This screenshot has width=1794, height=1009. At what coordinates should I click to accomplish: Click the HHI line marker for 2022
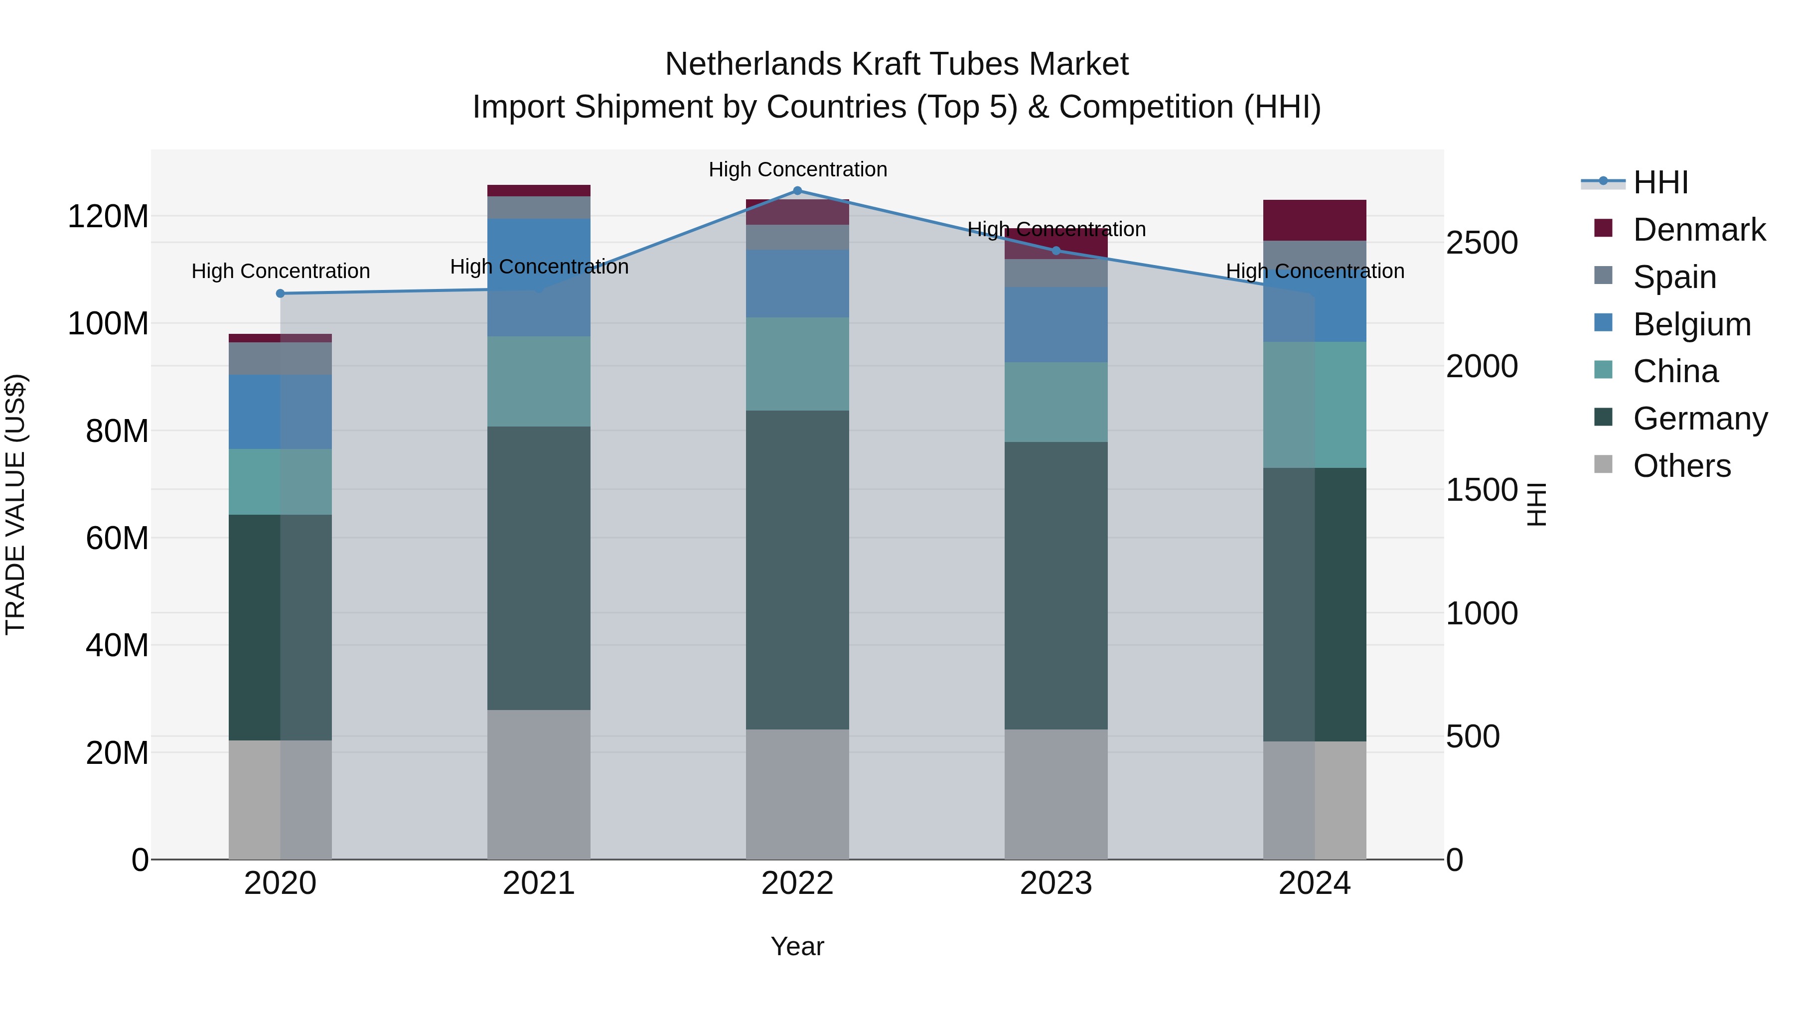coord(797,191)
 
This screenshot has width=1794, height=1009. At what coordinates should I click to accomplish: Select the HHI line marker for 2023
coord(1056,251)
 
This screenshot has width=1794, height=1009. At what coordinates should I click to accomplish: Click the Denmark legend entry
coord(1699,230)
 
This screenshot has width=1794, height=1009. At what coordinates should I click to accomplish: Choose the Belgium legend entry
coord(1692,324)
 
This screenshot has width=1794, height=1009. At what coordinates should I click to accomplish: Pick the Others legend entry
coord(1681,466)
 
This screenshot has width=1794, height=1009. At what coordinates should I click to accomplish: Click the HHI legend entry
coord(1660,182)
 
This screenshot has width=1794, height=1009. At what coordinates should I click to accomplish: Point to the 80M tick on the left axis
coord(117,431)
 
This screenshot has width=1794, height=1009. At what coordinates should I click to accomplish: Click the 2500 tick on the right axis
coord(1482,243)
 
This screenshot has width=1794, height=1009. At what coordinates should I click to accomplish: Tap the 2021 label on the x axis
coord(539,883)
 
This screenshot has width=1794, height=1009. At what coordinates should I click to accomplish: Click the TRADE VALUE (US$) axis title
coord(15,504)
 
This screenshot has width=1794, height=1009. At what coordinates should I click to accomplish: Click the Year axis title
coord(797,946)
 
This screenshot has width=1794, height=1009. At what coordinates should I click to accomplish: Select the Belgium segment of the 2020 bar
coord(281,412)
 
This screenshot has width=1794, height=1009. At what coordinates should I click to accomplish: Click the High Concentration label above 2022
coord(797,169)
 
